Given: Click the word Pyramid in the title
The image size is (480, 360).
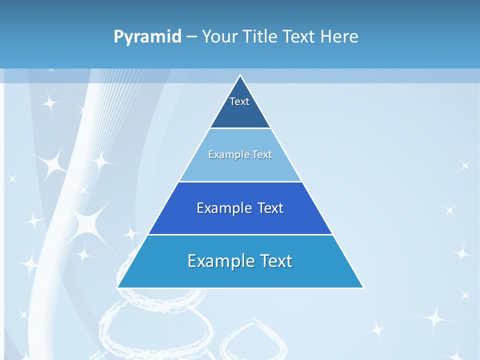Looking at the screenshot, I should [x=147, y=36].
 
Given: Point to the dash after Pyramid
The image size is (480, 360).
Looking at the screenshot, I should [x=191, y=37].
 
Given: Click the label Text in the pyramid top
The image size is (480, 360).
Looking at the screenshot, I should [x=239, y=101].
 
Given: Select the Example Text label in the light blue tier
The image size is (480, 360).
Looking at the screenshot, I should [x=240, y=154].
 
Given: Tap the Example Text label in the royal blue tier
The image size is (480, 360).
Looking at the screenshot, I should [x=240, y=208].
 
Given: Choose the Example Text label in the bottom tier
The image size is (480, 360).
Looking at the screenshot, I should [x=240, y=261].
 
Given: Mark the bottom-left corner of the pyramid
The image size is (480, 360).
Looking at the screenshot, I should [x=118, y=287].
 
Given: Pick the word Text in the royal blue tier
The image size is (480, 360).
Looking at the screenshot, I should [x=270, y=208].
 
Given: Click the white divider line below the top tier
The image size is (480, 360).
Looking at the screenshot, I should [x=240, y=128].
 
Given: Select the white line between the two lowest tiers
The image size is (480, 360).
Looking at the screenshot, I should [x=240, y=234].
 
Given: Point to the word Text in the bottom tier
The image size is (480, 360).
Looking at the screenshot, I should [x=276, y=261].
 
